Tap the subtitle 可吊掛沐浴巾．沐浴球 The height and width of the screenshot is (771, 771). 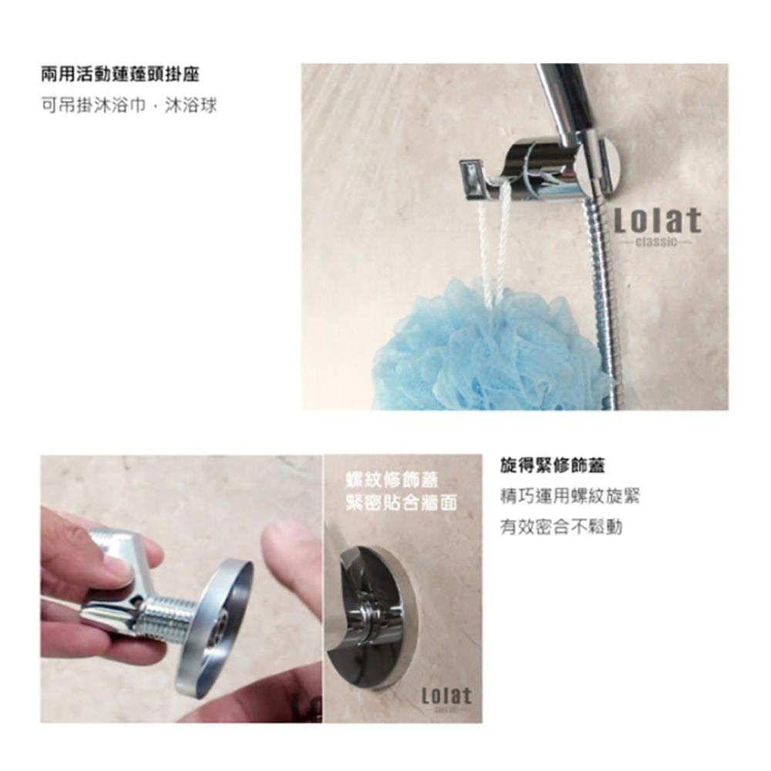click(128, 104)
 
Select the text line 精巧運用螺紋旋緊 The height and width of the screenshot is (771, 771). click(570, 497)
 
